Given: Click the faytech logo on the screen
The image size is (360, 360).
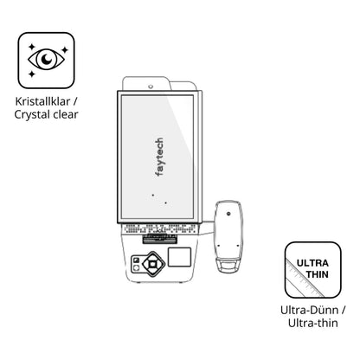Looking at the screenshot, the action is click(x=159, y=157).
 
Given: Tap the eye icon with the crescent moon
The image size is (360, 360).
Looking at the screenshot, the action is click(x=46, y=59).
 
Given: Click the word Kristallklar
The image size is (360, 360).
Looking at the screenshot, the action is click(x=42, y=101).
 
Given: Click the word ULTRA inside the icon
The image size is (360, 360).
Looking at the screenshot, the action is click(x=312, y=263).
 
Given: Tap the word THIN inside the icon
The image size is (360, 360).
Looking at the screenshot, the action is click(x=318, y=274).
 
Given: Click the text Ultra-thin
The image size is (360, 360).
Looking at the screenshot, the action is click(x=313, y=323).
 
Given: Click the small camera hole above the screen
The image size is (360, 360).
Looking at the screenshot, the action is click(x=151, y=87).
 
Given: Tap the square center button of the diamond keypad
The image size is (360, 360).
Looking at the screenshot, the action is click(x=152, y=264).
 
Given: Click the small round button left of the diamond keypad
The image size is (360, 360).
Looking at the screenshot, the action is click(x=136, y=268).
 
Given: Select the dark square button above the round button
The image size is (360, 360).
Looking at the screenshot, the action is click(x=136, y=260).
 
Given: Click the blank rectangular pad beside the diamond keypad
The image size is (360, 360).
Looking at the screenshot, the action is click(x=179, y=257).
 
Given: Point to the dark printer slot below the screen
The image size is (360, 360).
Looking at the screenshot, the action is click(x=159, y=239).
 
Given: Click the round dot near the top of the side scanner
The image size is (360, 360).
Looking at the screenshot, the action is click(x=228, y=214).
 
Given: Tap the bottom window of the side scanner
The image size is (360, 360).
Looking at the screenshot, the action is click(x=228, y=266).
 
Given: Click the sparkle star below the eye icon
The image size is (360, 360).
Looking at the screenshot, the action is click(x=32, y=74).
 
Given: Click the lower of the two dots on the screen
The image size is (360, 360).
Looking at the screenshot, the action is click(x=165, y=202).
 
